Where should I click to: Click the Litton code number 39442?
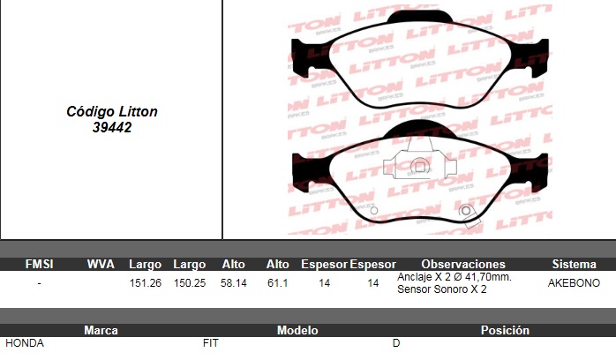click(x=112, y=127)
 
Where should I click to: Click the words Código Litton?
click(x=112, y=111)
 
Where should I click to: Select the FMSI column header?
click(x=39, y=264)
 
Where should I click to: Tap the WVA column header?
click(x=101, y=264)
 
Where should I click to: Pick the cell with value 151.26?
click(x=146, y=283)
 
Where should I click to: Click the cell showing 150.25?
click(x=190, y=283)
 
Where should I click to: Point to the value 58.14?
click(x=234, y=283)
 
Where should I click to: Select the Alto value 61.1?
click(x=278, y=283)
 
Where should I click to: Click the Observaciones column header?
click(x=463, y=264)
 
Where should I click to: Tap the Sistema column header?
click(x=574, y=264)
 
